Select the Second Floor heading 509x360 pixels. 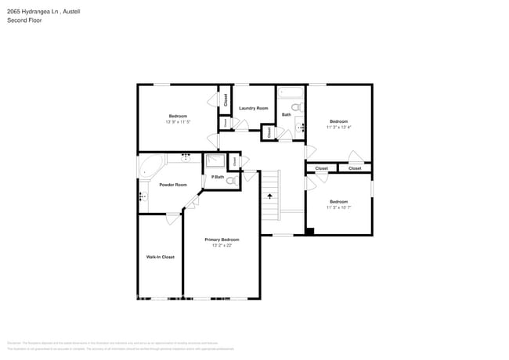coord(24,20)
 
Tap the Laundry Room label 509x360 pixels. coord(253,108)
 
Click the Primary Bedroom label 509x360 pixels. coord(222,239)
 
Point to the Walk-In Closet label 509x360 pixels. coord(160,257)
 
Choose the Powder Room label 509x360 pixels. coord(172,185)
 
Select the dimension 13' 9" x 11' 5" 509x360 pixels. coord(178,122)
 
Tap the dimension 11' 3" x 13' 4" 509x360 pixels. coord(338,127)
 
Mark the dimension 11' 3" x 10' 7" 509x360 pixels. coord(338,207)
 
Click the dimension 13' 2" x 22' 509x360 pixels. coord(222,246)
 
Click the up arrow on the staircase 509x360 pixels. coord(270,196)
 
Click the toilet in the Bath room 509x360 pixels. coord(296,107)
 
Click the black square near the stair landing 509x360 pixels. coord(310,231)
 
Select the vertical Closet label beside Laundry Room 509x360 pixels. coord(226,99)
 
